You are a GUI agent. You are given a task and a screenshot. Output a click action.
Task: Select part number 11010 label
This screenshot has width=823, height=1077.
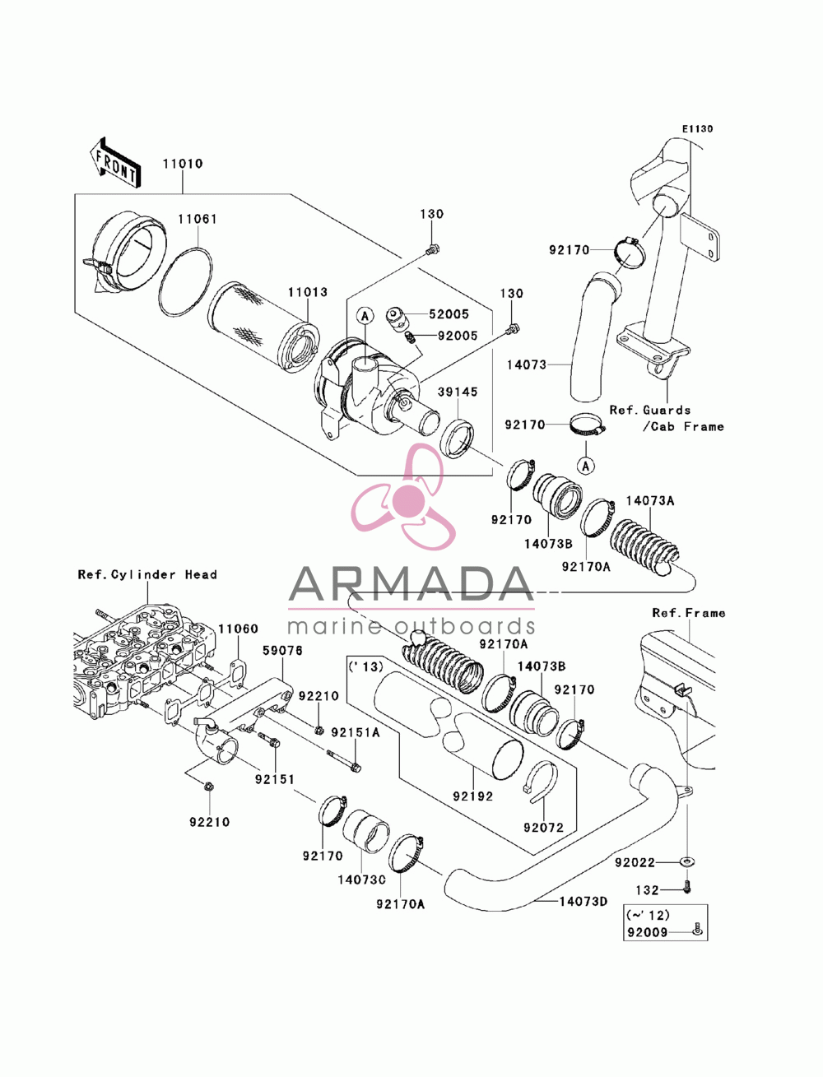tap(183, 164)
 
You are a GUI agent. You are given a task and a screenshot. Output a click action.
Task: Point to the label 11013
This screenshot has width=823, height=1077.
tap(307, 292)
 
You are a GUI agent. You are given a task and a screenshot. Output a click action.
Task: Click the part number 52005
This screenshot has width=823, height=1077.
tap(449, 314)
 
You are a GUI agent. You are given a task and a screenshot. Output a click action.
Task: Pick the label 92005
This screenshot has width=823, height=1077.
tap(458, 337)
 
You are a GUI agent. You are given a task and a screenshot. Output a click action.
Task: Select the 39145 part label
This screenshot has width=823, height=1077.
tap(458, 392)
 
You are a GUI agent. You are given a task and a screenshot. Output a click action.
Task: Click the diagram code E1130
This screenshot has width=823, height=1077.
tap(697, 129)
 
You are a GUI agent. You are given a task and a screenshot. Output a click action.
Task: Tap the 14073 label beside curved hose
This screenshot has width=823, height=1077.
tap(526, 365)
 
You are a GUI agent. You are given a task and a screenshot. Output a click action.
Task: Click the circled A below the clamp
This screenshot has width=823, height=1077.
tap(586, 466)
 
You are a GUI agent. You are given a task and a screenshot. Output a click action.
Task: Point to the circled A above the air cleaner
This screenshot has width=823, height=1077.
tap(365, 317)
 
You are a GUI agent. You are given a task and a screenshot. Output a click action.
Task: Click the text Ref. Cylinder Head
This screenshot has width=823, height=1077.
tap(147, 574)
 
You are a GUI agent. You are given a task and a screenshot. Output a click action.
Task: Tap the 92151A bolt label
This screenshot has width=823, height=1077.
tap(356, 732)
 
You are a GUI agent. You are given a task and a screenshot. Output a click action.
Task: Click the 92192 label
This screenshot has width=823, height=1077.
tap(472, 796)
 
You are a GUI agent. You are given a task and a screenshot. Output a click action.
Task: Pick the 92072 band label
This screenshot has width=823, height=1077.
tap(543, 828)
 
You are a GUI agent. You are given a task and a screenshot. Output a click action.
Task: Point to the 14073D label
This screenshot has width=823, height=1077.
tap(583, 902)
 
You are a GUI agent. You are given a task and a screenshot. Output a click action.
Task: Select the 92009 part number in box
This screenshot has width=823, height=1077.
tap(648, 932)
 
